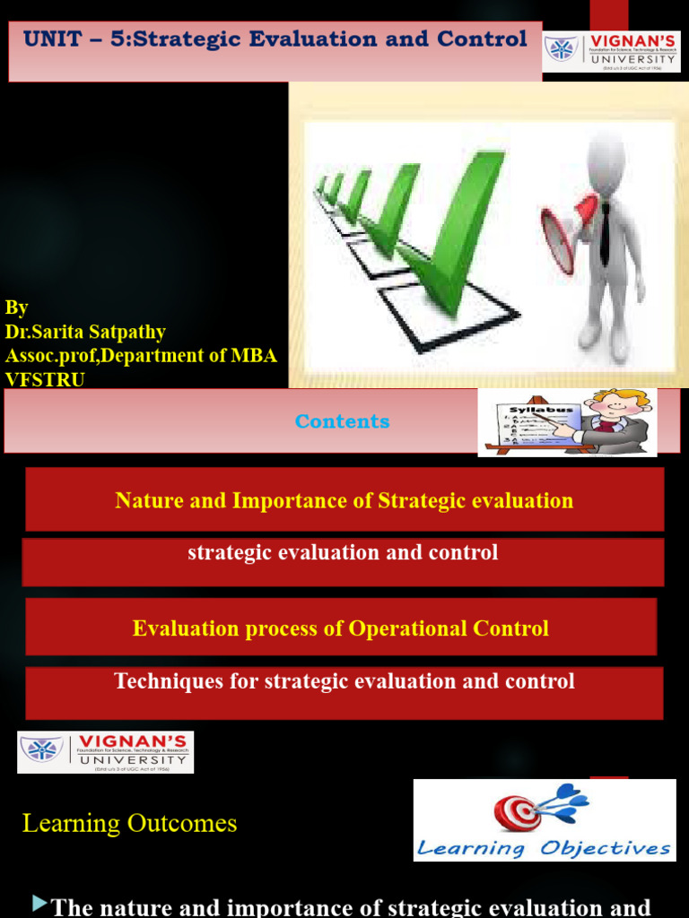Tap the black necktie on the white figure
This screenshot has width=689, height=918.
[x=605, y=232]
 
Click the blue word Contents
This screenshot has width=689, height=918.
[x=343, y=421]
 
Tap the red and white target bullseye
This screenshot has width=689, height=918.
[x=517, y=812]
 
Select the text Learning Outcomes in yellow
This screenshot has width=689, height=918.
[x=130, y=823]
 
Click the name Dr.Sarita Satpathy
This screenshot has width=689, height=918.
[x=85, y=332]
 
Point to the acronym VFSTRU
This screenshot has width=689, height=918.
[x=44, y=378]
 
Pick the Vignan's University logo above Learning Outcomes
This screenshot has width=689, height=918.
[x=106, y=751]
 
